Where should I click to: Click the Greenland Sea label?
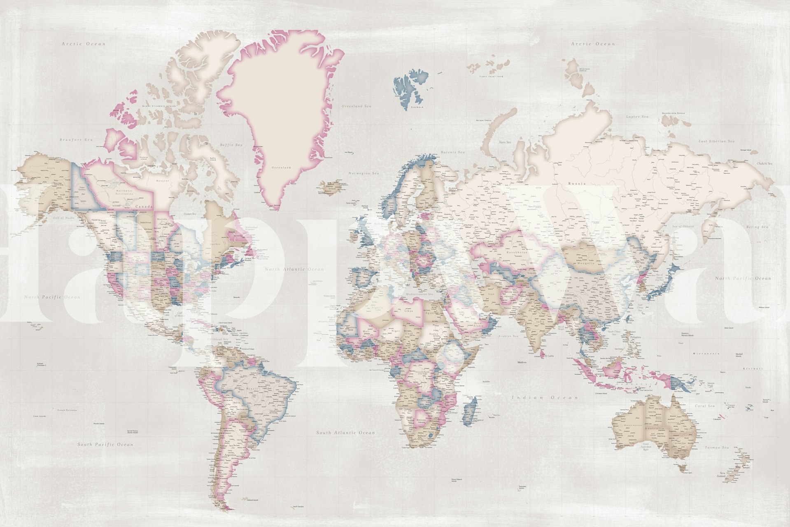pyautogui.click(x=357, y=106)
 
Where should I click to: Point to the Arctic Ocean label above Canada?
pyautogui.click(x=84, y=43)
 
